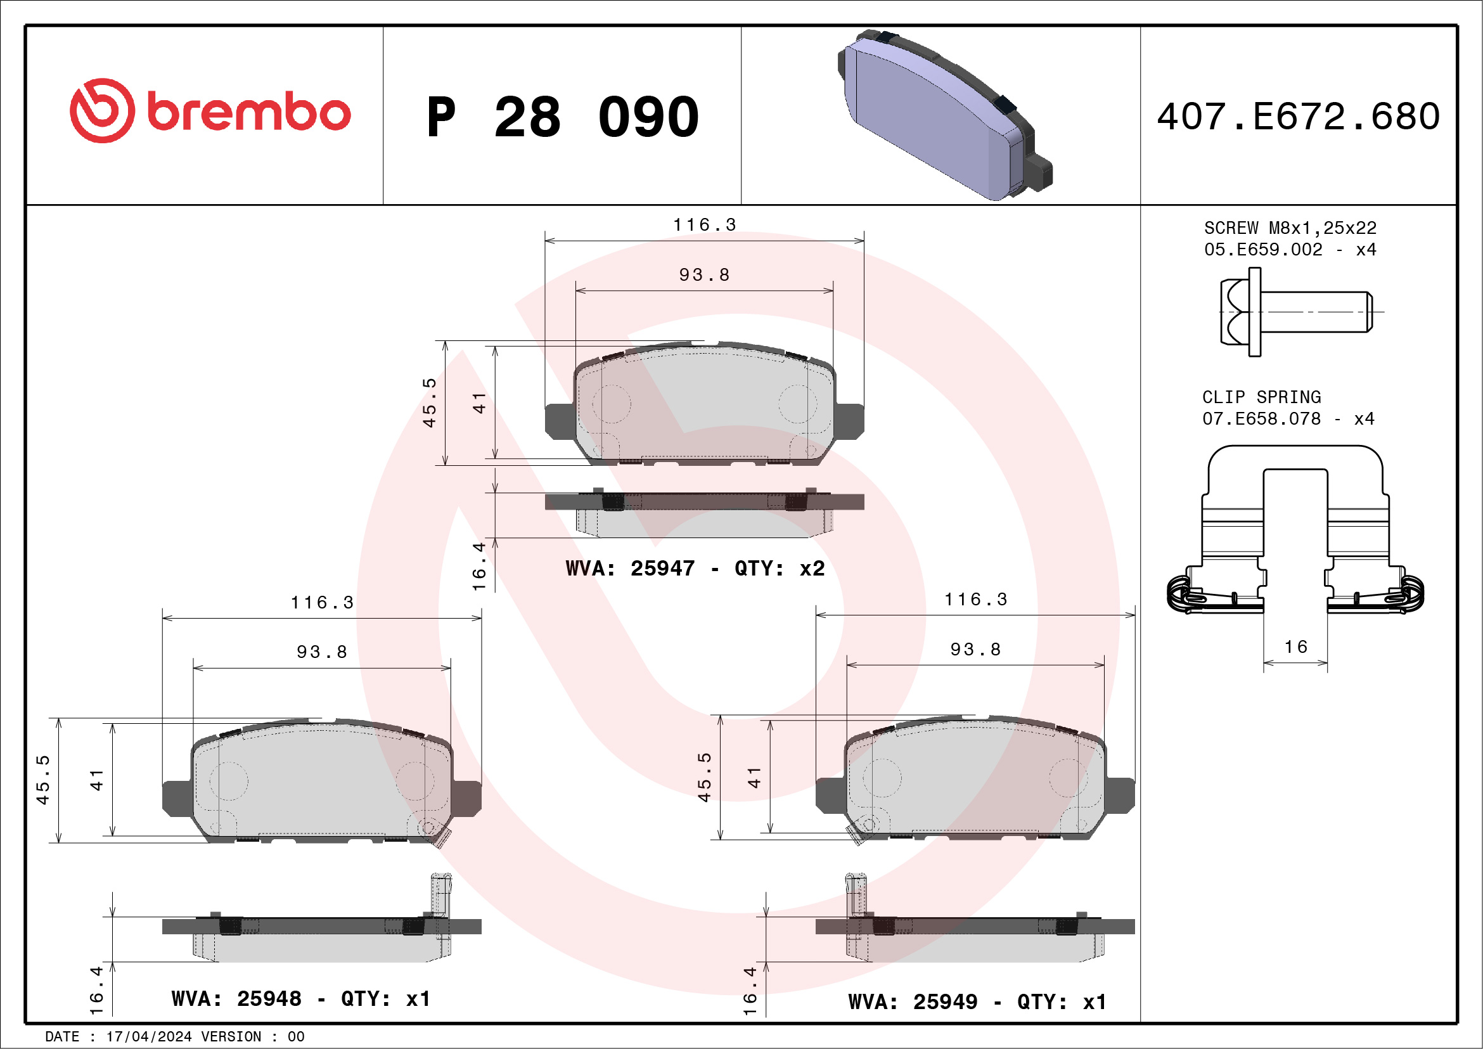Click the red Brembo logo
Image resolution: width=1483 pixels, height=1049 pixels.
[210, 111]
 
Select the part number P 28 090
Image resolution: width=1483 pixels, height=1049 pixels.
[563, 117]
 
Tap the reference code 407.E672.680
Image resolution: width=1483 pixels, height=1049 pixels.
[1299, 116]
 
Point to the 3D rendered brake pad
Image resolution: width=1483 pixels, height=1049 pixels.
[945, 115]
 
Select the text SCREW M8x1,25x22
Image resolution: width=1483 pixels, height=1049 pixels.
[1290, 228]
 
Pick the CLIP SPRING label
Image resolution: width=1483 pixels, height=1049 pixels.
[1261, 397]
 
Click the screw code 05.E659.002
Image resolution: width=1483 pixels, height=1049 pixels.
[1263, 249]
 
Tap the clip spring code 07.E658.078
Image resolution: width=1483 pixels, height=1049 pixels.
[1261, 418]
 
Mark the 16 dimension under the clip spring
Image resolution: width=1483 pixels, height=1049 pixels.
[1295, 647]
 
